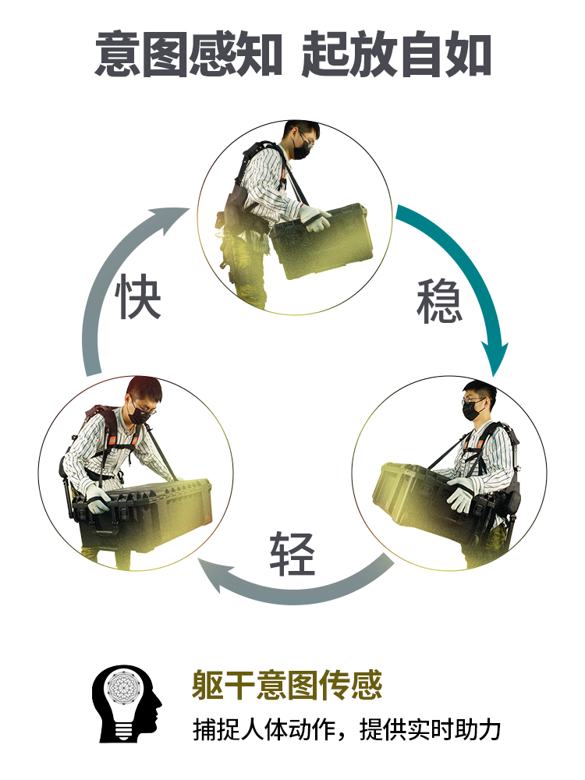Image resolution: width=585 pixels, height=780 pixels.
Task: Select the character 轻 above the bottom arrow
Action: click(292, 554)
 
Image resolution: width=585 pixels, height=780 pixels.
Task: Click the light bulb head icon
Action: click(126, 704)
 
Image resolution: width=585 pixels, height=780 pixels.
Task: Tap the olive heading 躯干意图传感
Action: click(287, 685)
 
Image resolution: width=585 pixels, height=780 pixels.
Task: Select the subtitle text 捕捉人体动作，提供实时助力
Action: click(347, 730)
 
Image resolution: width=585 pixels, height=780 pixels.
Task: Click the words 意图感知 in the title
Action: click(189, 54)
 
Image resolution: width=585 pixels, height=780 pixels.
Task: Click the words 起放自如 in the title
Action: click(396, 54)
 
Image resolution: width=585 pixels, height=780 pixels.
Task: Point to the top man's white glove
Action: click(315, 219)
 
